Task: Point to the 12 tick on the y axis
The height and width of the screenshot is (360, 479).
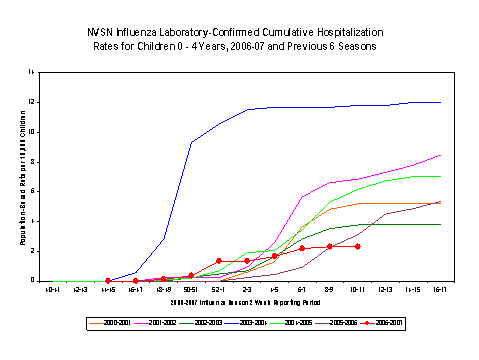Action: click(x=33, y=102)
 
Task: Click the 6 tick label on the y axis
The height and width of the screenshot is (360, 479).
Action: click(x=34, y=191)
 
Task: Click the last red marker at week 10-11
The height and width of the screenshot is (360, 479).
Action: click(x=357, y=246)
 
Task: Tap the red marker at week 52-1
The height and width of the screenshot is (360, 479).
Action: click(x=218, y=261)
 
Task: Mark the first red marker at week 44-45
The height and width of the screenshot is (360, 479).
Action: click(x=107, y=281)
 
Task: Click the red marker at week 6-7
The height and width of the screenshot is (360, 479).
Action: click(x=302, y=248)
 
